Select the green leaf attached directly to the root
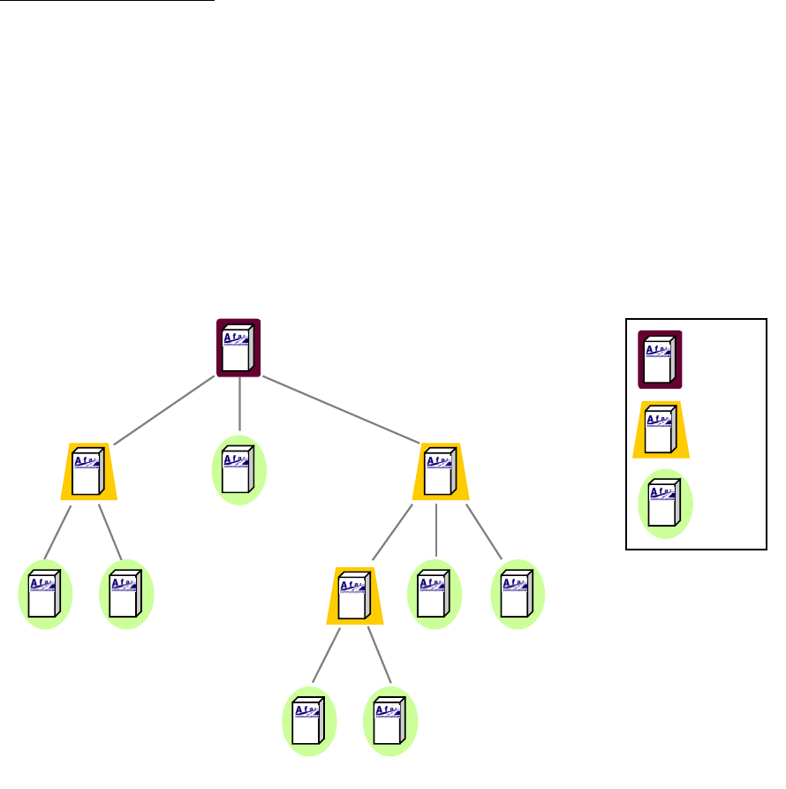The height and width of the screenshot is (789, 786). [238, 470]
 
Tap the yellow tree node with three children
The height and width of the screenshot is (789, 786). [440, 472]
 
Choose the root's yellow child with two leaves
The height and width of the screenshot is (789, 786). [88, 472]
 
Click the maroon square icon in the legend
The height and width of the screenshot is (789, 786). [660, 360]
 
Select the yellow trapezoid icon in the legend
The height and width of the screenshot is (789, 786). [661, 429]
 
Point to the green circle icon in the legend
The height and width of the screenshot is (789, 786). [665, 504]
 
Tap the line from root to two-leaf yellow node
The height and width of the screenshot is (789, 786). [163, 410]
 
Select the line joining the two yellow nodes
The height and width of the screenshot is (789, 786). [392, 532]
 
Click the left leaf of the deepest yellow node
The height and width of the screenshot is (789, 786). [309, 720]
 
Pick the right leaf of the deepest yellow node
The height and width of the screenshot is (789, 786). [389, 720]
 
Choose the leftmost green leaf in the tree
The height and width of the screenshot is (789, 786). [44, 594]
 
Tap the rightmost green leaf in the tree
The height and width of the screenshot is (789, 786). [518, 594]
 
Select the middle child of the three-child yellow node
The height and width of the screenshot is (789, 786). [435, 594]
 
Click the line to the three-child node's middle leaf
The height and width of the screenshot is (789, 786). [437, 530]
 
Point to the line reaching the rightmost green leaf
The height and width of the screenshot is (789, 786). [484, 532]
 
